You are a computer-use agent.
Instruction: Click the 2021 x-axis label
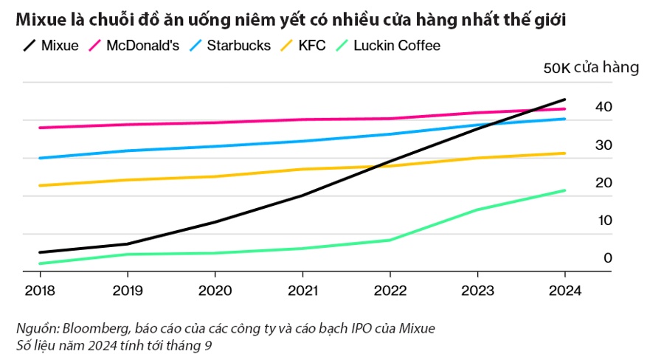click(x=302, y=290)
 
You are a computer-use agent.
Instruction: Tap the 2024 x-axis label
click(x=564, y=290)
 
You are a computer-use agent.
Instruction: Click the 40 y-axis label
click(x=604, y=108)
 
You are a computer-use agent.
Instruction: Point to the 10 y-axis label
click(x=604, y=221)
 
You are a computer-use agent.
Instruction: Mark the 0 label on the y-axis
click(x=608, y=258)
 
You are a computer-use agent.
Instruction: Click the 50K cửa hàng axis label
click(x=590, y=68)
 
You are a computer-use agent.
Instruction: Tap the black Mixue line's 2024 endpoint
click(x=565, y=100)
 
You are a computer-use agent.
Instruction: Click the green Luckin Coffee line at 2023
click(x=477, y=210)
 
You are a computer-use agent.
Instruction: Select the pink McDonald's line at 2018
click(x=40, y=128)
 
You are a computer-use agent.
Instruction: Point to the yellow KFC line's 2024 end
click(x=565, y=153)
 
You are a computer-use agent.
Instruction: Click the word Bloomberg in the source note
click(x=94, y=327)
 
